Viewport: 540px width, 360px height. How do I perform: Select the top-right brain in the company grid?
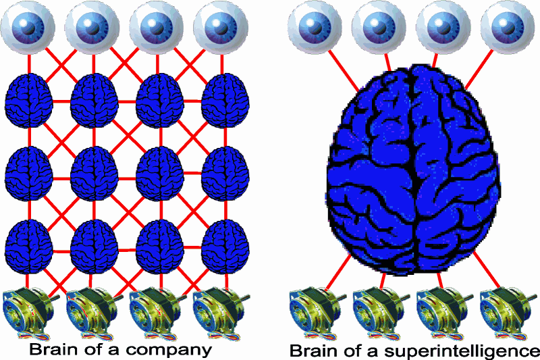[225, 100]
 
